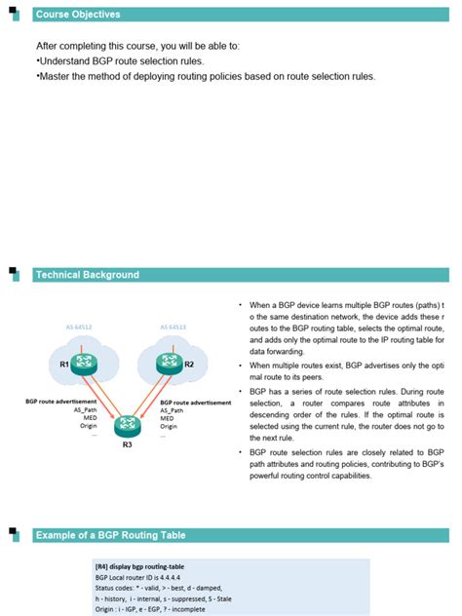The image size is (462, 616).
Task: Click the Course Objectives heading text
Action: (78, 15)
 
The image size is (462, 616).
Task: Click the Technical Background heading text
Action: (87, 275)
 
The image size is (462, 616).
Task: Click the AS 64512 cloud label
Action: (78, 327)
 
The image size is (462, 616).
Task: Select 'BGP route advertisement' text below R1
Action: (60, 401)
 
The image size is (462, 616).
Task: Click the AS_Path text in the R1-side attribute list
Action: (85, 409)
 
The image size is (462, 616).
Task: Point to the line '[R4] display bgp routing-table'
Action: (139, 566)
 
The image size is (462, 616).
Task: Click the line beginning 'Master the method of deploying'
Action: (205, 76)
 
